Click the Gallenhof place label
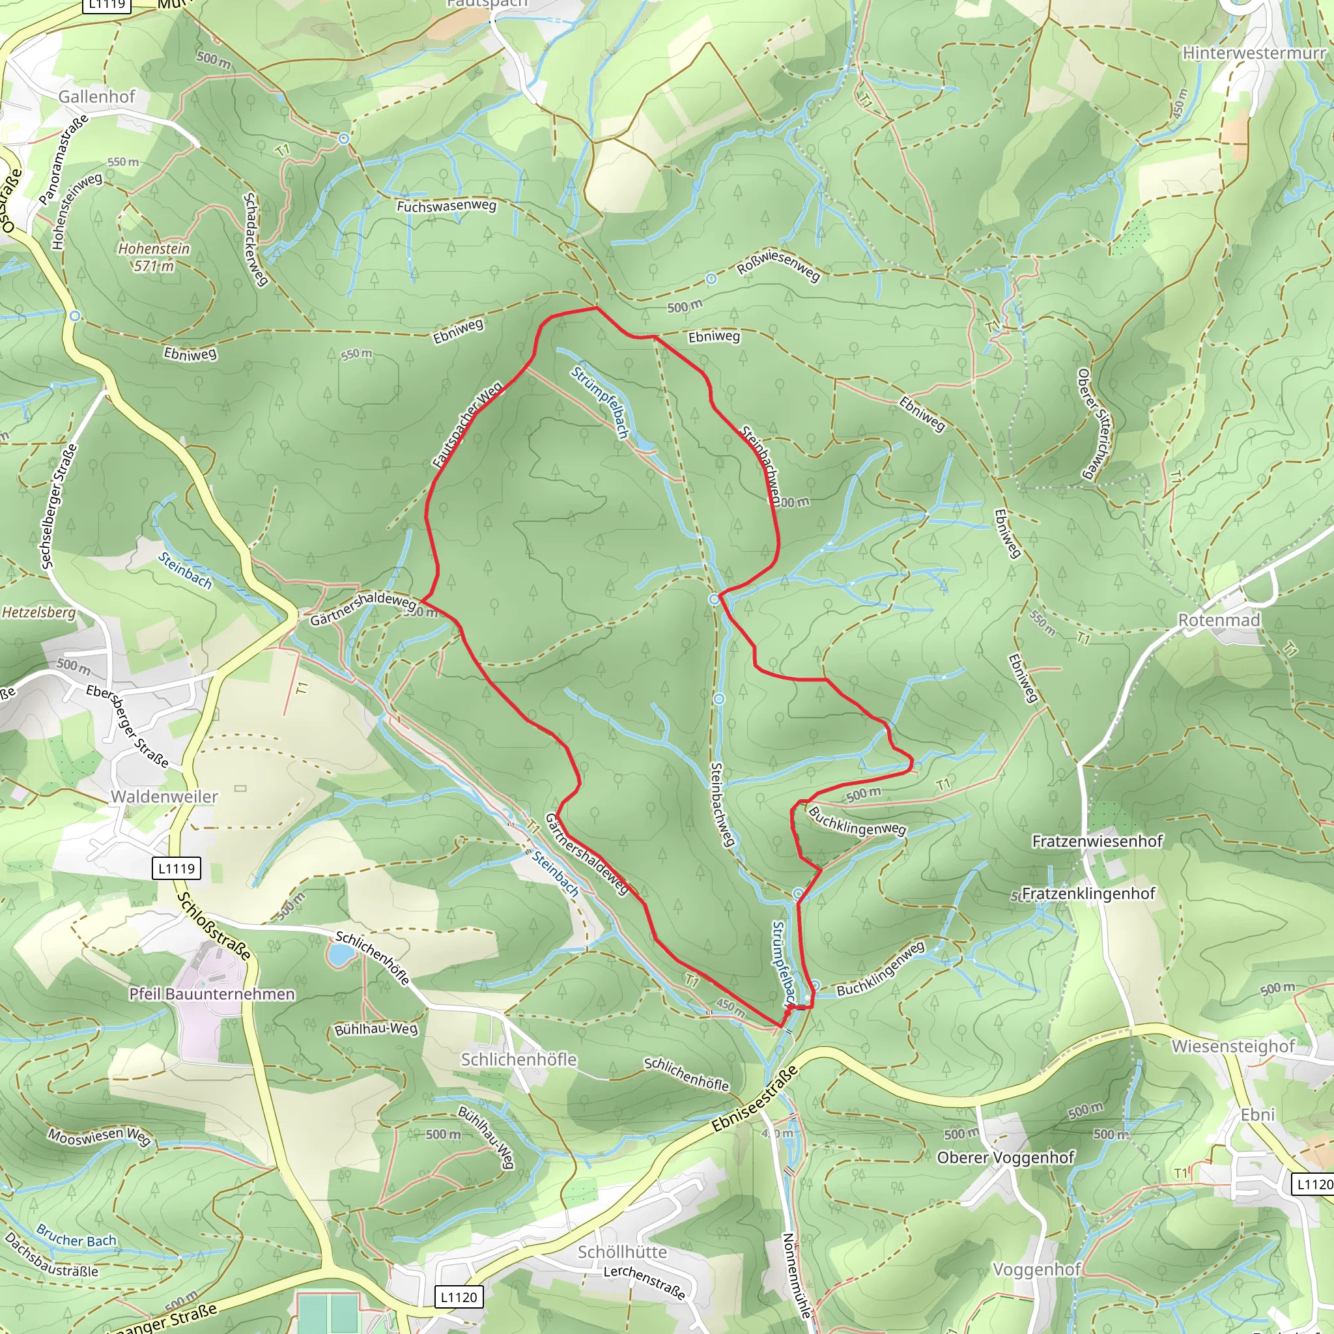click(96, 96)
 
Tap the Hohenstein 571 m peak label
click(154, 257)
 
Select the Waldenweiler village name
click(164, 797)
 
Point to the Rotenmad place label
click(1219, 620)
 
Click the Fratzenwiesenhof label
click(1097, 841)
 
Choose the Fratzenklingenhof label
click(1088, 894)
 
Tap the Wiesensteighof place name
click(1233, 1046)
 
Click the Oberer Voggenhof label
click(1005, 1157)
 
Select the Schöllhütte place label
click(622, 1252)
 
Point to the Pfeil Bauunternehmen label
click(212, 993)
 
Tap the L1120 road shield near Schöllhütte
click(459, 1297)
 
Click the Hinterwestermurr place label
click(1254, 53)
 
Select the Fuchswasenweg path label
click(446, 206)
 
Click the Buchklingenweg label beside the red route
click(856, 821)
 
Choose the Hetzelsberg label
click(38, 612)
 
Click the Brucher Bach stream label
click(76, 1235)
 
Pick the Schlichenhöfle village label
click(518, 1059)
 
